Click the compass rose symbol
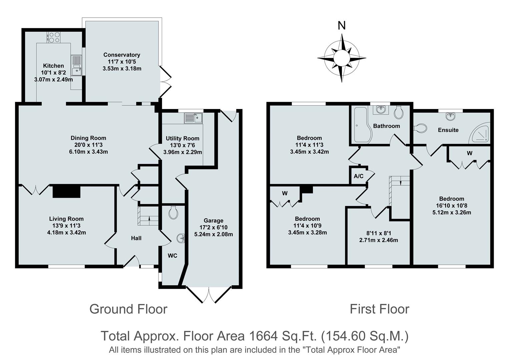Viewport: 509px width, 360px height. [342, 58]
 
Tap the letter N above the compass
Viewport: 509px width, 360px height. [342, 26]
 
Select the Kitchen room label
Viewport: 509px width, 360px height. [53, 66]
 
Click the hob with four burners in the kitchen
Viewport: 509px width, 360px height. [54, 37]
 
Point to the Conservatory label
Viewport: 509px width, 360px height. [122, 55]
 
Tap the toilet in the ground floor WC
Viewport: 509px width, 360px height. [173, 212]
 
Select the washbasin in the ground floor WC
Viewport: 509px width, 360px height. [181, 238]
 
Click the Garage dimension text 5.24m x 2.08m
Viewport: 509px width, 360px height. [213, 234]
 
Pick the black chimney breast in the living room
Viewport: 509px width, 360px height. [66, 191]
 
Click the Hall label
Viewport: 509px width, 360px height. [136, 238]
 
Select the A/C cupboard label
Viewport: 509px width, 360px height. [359, 176]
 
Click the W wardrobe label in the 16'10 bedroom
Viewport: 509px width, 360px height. [470, 153]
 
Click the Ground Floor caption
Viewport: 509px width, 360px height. [128, 309]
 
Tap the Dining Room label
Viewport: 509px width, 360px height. [88, 138]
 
